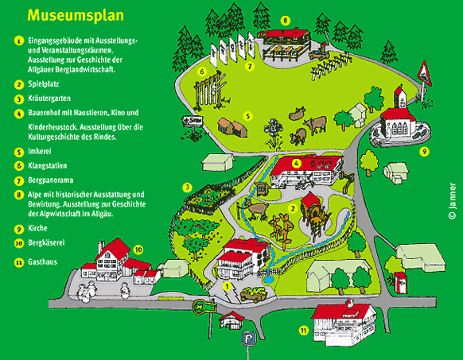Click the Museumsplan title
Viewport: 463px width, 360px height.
coord(76,15)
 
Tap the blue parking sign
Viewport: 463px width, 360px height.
coord(249,339)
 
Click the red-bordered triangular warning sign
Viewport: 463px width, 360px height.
coord(425,73)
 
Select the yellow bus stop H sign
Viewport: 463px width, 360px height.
coord(204,307)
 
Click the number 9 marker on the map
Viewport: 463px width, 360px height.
coord(424,152)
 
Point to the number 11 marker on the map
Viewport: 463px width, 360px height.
coord(304,331)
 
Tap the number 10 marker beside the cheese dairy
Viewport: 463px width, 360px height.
coord(138,250)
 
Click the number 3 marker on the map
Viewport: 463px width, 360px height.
coord(187,188)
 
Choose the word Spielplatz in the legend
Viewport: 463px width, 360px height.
coord(44,84)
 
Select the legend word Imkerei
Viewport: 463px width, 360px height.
coord(40,151)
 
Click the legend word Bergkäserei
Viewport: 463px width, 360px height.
coord(46,243)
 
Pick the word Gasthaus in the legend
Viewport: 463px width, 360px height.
coord(42,262)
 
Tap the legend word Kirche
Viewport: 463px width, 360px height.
coord(37,228)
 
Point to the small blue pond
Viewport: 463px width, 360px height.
coord(269,280)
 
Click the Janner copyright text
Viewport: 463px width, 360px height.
coord(452,201)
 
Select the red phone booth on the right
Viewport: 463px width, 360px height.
coord(400,283)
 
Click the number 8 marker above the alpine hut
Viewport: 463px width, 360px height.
coord(285,21)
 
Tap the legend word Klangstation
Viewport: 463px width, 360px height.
coord(47,166)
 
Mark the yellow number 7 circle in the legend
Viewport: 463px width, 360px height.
coord(19,180)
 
